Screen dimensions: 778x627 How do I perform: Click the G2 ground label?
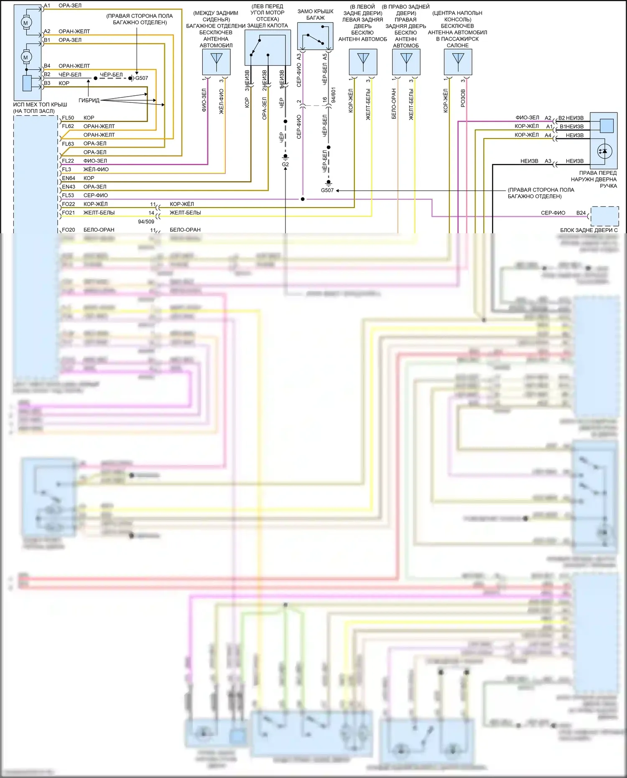click(285, 165)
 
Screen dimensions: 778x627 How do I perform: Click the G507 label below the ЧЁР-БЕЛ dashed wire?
click(327, 190)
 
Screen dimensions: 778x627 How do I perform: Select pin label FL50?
click(68, 118)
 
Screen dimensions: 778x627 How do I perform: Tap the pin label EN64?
click(69, 178)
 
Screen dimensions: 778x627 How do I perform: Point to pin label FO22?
click(69, 204)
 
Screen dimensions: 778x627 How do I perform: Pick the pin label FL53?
click(68, 195)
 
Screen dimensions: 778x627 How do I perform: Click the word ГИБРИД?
click(89, 100)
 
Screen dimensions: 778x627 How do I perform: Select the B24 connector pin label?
click(581, 213)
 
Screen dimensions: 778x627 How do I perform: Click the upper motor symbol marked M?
click(25, 23)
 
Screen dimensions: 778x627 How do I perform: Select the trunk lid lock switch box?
click(315, 36)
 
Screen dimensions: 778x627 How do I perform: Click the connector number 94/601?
click(333, 95)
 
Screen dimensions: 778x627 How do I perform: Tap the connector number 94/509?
click(146, 222)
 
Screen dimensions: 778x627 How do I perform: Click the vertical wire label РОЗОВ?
click(463, 98)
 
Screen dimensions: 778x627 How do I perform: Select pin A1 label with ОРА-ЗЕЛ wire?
click(47, 6)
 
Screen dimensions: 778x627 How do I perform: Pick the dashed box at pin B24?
click(604, 216)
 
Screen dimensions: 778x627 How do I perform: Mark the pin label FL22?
click(68, 161)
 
